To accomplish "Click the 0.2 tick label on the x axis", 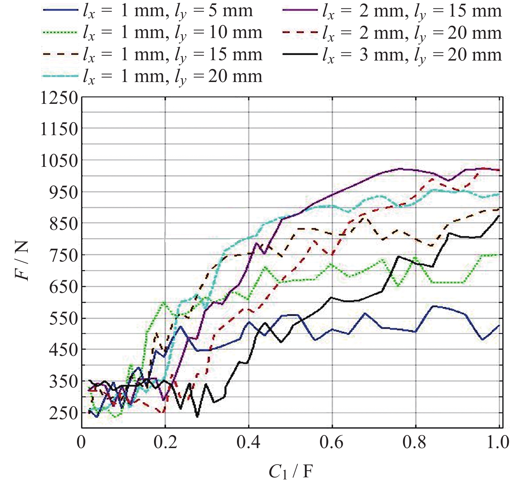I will click(165, 442).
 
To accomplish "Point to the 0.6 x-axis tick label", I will click(332, 442).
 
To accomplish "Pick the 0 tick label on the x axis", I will click(82, 442).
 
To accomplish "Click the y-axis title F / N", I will click(22, 260).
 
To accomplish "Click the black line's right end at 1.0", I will click(499, 216).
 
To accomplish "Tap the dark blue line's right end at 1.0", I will click(499, 326).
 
